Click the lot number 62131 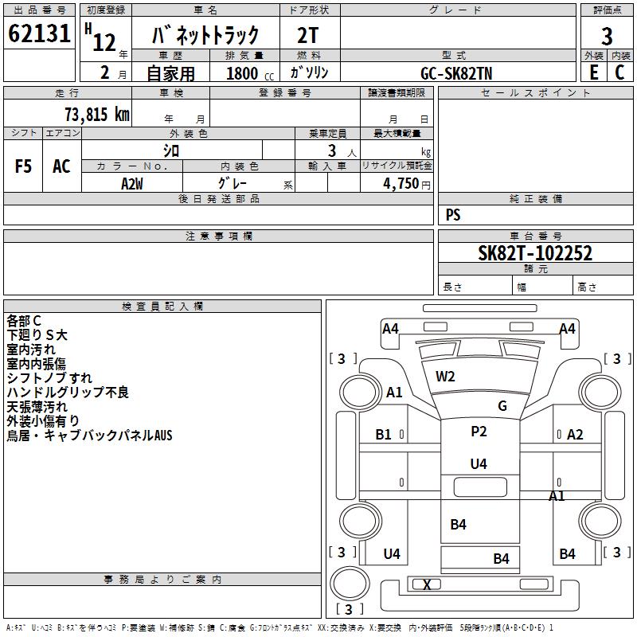coord(39,33)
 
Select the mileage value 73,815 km coord(97,115)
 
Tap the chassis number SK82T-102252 coord(535,253)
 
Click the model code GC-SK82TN coord(456,73)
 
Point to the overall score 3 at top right coord(607,37)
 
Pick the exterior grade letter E coord(594,72)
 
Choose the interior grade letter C coord(619,72)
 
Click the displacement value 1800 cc coord(250,73)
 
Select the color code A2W coord(132,184)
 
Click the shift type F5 coord(23,166)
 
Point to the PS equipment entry coord(453,215)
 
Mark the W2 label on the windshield coord(445,377)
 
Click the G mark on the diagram coord(502,405)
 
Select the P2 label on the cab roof coord(479,431)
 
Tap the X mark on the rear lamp coord(427,585)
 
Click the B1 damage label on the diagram coord(383,435)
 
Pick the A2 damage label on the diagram coord(575,435)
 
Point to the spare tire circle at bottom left coord(350,584)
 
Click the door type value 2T coord(308,35)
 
